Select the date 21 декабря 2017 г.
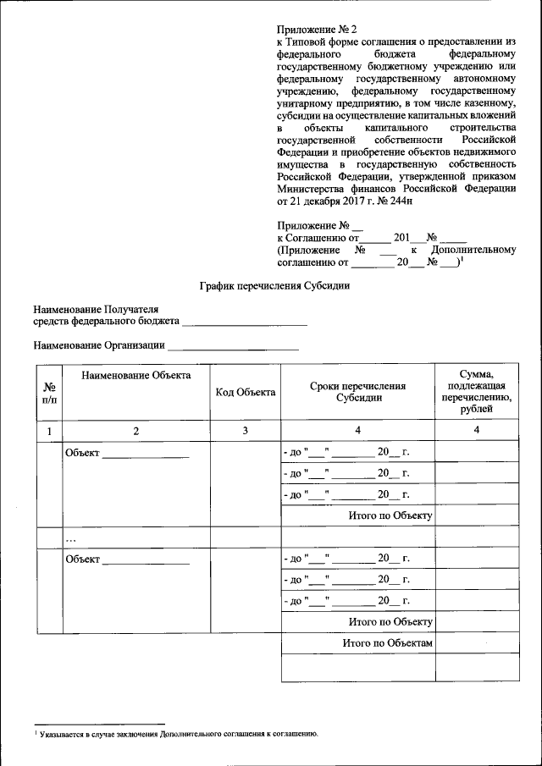pos(326,201)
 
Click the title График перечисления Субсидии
pos(274,286)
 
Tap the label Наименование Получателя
pos(96,311)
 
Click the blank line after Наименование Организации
pos(234,346)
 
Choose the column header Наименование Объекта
pos(136,375)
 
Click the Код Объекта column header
pos(246,392)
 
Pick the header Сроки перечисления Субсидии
pos(357,392)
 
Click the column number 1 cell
pos(49,432)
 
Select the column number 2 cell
pos(136,432)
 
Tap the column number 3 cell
pos(246,432)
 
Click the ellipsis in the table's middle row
pos(71,537)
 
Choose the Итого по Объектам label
pos(388,644)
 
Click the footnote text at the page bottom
pos(178,734)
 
